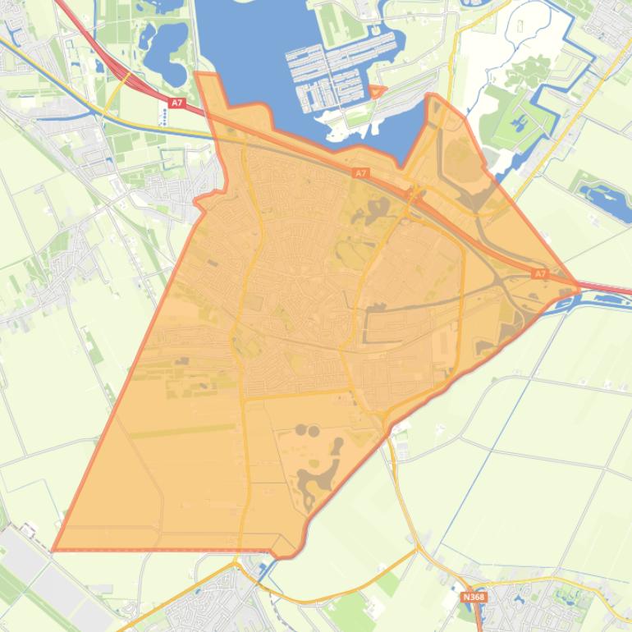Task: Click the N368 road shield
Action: [x=474, y=597]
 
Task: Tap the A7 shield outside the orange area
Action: [x=176, y=103]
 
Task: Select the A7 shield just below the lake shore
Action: [x=360, y=173]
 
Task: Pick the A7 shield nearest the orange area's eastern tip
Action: [x=539, y=273]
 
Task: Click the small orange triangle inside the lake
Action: [x=377, y=91]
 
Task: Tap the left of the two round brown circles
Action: [x=300, y=430]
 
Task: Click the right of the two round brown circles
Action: [x=314, y=429]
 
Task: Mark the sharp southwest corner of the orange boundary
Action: [x=54, y=549]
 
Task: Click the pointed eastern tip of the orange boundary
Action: [x=579, y=289]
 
